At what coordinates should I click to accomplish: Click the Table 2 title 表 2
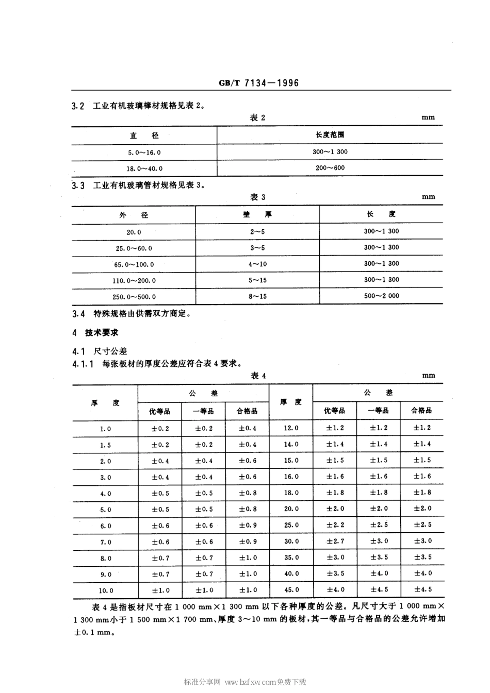257,117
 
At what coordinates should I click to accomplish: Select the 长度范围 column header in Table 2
330,134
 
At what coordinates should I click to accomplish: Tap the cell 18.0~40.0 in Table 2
144,168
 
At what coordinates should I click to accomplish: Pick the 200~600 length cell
329,168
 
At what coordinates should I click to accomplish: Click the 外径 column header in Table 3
134,215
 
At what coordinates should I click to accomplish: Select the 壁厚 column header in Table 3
257,215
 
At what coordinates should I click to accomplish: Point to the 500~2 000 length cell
381,296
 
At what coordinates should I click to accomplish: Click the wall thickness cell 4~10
257,264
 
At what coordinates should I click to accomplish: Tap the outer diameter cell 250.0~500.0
134,297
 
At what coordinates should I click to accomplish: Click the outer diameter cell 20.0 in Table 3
134,232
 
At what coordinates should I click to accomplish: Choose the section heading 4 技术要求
95,333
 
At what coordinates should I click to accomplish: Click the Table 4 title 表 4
258,376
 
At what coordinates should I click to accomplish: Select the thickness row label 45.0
291,589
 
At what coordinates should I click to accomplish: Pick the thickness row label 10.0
106,590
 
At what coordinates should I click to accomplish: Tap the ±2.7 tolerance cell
335,541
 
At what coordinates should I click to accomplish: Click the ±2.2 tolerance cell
335,525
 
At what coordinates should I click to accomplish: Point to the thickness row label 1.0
105,429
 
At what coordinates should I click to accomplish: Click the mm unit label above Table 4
428,376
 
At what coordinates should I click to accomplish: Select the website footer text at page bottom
245,682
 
